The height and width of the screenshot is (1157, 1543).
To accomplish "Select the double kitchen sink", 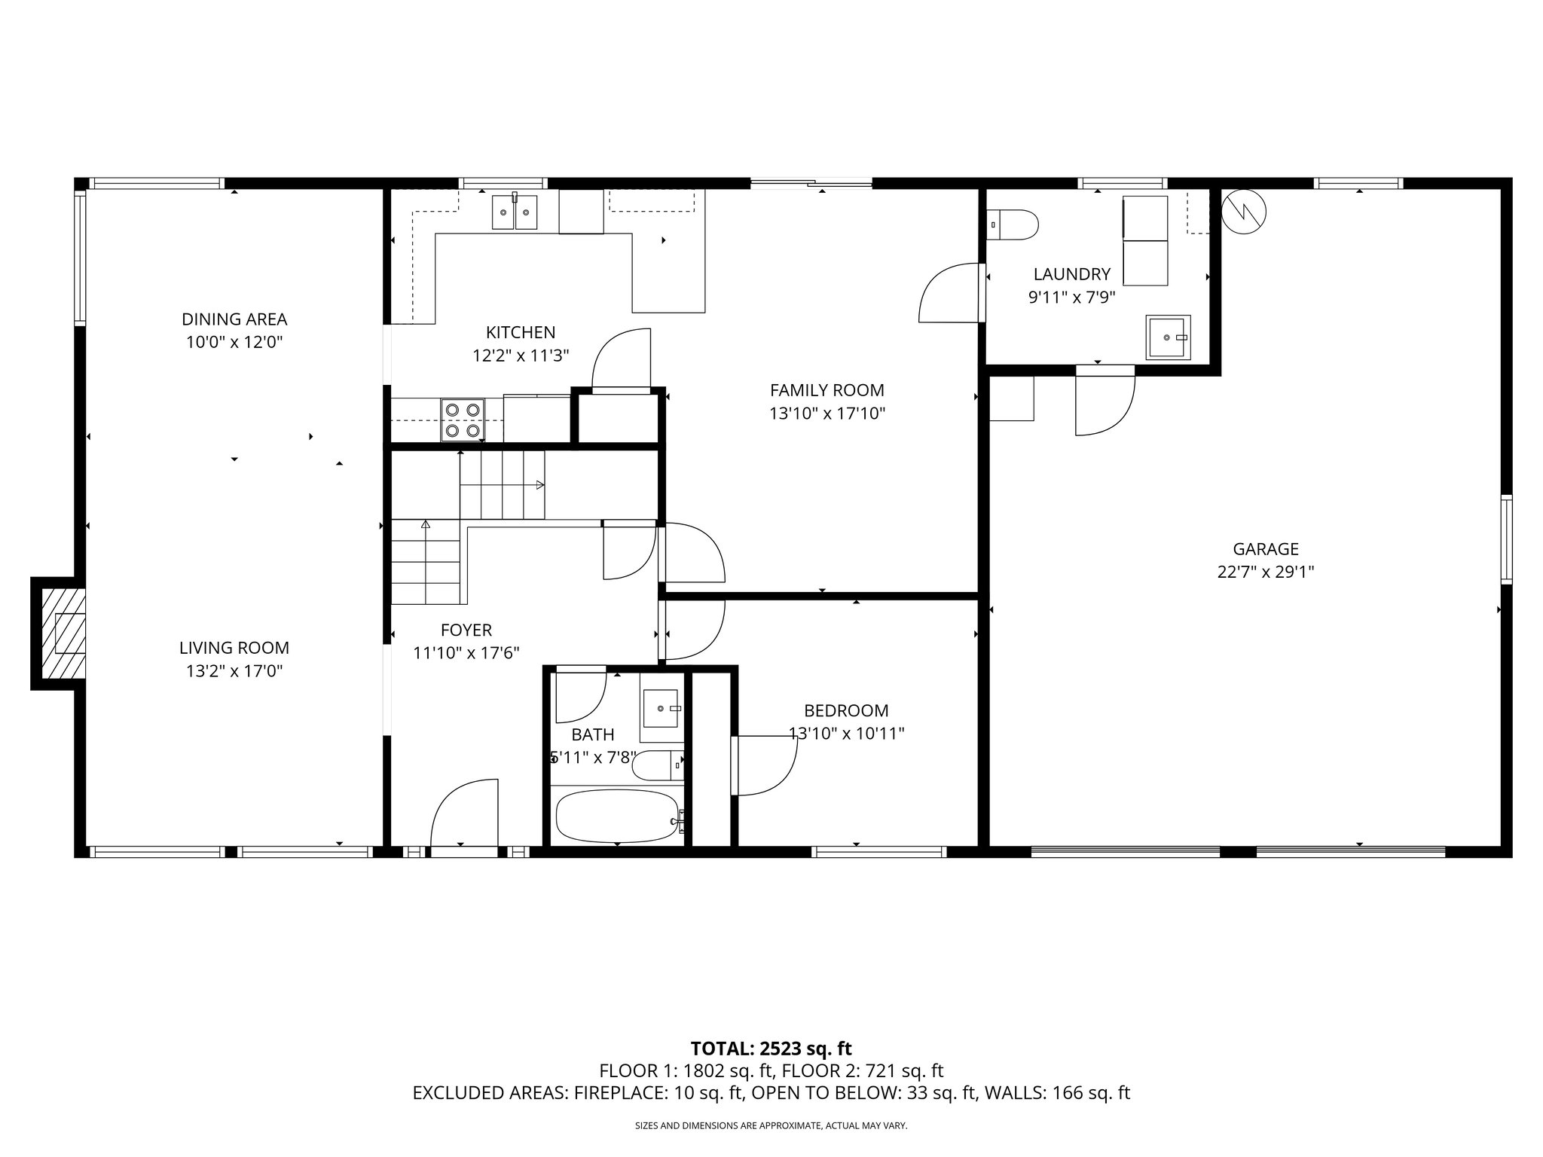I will pos(515,212).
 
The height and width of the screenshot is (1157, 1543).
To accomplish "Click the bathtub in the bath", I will pos(617,816).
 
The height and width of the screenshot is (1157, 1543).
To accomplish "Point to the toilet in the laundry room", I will pos(1013,224).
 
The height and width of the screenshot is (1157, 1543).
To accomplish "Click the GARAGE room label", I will pos(1266,549).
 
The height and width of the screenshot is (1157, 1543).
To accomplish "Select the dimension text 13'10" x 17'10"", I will pos(826,414).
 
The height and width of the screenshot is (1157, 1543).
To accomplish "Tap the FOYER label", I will pos(466,630).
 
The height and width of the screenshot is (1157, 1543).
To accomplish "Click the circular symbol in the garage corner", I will pos(1244,211).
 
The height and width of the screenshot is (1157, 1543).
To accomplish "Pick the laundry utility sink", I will pos(1168,337).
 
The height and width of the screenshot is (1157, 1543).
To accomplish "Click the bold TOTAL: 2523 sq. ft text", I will pos(771,1049).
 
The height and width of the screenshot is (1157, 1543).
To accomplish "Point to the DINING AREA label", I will pos(234,319).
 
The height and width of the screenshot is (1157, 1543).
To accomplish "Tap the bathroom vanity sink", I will pos(661,710).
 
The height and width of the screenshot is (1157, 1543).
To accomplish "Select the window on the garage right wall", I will pos(1505,539).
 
